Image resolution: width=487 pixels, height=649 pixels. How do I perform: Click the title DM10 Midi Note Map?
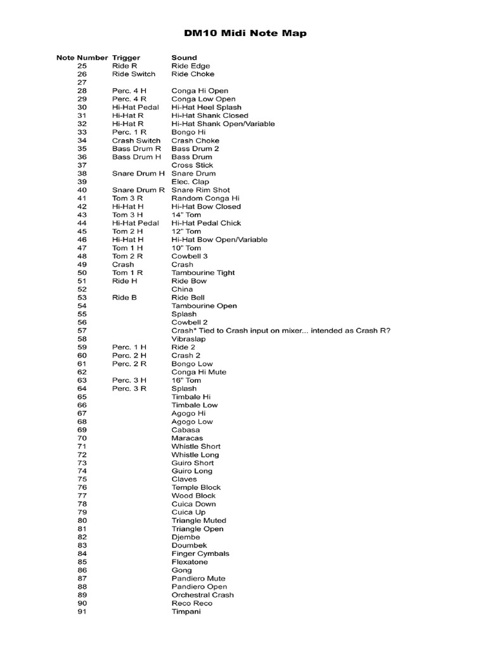tap(245, 33)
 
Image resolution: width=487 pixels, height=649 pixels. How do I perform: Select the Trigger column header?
tap(126, 58)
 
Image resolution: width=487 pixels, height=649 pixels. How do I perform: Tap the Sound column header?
tap(184, 58)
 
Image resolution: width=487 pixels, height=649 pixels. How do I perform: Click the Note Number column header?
tap(82, 58)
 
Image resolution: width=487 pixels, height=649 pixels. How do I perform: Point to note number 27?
tap(82, 82)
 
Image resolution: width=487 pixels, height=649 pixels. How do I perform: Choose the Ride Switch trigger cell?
tap(133, 74)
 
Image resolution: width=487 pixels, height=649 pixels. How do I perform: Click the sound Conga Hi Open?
tap(200, 91)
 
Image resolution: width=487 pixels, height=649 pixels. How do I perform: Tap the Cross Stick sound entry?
tap(192, 165)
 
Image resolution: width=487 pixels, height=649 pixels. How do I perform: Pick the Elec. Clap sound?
tap(190, 182)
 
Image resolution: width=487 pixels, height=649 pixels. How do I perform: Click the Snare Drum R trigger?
tap(138, 190)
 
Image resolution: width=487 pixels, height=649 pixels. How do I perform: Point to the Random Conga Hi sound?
tap(206, 198)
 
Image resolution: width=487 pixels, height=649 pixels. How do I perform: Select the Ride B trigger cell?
tap(124, 297)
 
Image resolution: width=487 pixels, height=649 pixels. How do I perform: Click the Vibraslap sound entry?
tap(188, 339)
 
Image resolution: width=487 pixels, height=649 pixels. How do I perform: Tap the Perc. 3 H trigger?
tap(129, 380)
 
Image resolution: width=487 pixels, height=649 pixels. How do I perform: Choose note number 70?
tap(82, 438)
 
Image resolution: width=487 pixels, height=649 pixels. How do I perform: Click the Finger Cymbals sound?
tap(200, 554)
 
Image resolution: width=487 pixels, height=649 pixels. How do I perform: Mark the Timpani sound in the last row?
tap(186, 612)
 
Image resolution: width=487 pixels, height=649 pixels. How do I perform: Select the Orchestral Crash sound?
tap(202, 595)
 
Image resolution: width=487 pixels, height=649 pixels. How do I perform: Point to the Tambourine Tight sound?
tap(203, 273)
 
